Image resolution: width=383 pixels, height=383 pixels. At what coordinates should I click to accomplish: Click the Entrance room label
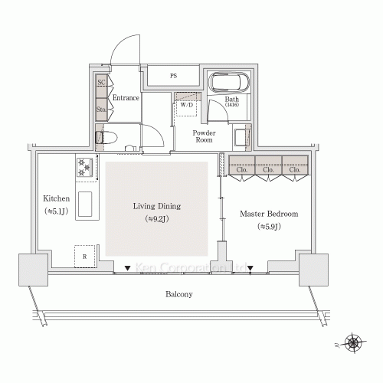[x=126, y=98]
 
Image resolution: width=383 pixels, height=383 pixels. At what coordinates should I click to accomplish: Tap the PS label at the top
[x=174, y=77]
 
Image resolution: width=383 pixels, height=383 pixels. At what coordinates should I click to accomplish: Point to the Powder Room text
[x=203, y=136]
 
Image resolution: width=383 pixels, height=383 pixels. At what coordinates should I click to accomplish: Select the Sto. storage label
[x=101, y=110]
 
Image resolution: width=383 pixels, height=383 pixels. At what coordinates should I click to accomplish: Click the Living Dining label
[x=157, y=207]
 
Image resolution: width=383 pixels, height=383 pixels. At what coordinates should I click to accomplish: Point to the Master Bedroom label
[x=269, y=214]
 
